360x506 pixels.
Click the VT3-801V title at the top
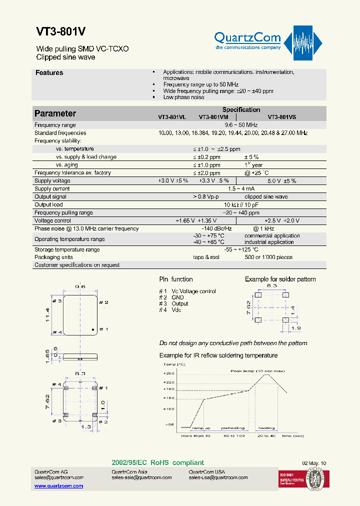coord(60,31)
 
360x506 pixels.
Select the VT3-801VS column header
coord(281,117)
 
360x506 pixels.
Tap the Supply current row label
coord(52,189)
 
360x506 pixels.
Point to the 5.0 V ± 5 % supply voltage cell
coord(282,181)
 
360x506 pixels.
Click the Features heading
coord(49,73)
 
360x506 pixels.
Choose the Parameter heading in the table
coord(55,113)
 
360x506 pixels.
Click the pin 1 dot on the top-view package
coord(93,329)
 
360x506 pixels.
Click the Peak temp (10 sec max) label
coord(257,371)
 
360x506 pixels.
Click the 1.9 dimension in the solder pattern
coord(296,329)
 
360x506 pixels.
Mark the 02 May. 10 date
coord(313,463)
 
